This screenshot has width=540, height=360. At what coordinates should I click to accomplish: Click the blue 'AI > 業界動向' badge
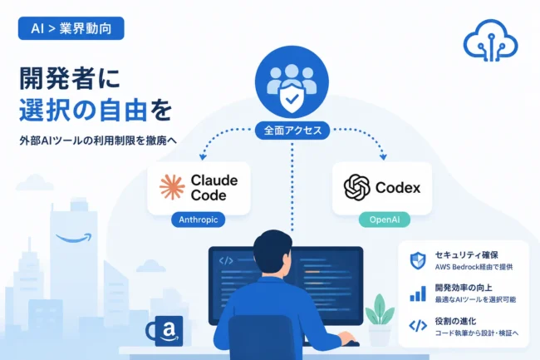coord(71,28)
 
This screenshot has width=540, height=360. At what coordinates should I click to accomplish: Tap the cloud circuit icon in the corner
coord(490,42)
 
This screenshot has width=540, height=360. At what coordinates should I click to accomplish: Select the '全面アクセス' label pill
coord(292,131)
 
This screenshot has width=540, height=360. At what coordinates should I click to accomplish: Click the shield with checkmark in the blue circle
coord(292,98)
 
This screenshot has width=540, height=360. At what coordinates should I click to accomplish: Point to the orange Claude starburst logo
coord(172,187)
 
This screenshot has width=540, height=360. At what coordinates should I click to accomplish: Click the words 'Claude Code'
coord(214,188)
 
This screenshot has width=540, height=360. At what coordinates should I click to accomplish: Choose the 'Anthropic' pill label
coord(198,219)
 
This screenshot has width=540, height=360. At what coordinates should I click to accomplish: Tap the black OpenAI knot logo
coord(356,187)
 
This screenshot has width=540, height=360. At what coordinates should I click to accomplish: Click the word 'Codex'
coord(398,188)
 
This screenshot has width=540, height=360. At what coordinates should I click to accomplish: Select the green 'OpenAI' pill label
coord(385,219)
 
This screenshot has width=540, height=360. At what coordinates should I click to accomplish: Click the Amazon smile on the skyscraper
coord(74,238)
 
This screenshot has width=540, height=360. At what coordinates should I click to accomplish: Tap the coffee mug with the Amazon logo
coord(164,331)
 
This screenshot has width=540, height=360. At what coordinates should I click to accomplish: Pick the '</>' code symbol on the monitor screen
coord(226,261)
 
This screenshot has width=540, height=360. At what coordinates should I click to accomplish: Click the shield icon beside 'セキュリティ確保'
coord(418,260)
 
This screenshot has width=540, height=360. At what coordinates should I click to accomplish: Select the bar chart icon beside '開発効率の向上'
coord(418,293)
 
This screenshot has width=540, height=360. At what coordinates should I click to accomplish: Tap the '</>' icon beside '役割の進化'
coord(418,326)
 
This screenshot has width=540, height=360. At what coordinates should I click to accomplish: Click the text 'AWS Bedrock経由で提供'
coord(474,267)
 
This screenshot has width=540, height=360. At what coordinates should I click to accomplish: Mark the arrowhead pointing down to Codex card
coord(383,157)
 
